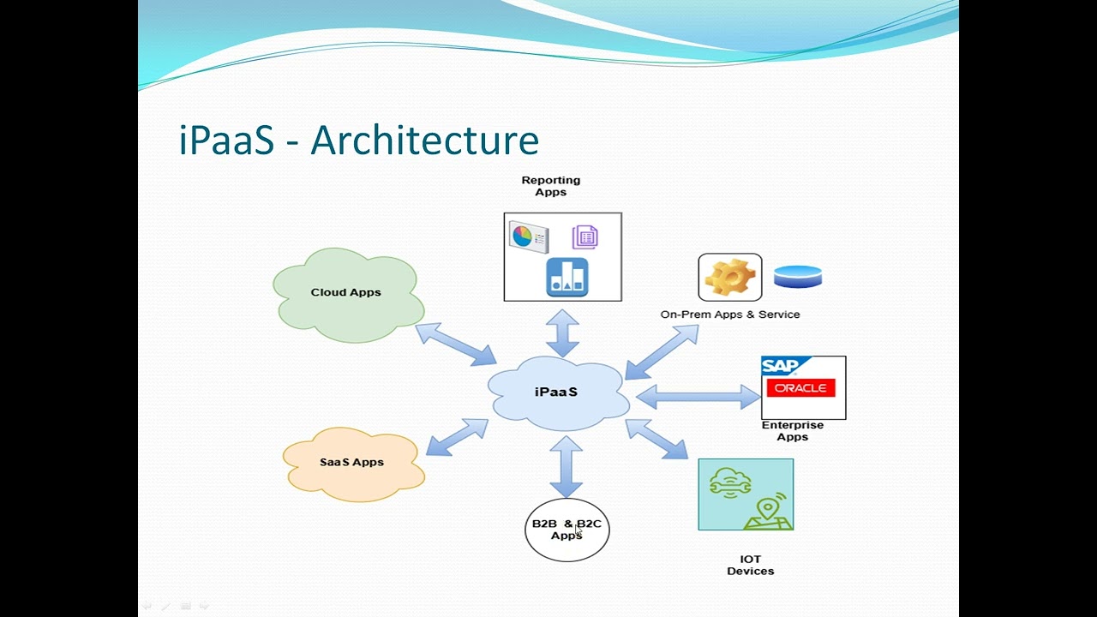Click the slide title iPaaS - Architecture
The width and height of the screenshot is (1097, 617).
(x=358, y=140)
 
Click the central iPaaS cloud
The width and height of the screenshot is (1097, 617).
(x=557, y=392)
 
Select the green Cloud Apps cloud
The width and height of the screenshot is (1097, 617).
(x=346, y=293)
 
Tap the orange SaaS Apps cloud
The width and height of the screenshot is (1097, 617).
(x=352, y=463)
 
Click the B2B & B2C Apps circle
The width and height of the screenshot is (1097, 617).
(x=566, y=530)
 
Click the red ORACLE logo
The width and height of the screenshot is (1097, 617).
(x=800, y=388)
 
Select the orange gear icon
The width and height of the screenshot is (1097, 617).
(x=729, y=277)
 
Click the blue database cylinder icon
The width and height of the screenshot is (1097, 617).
(x=798, y=276)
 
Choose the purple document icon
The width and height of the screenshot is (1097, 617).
(x=585, y=237)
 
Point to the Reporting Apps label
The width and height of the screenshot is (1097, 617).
(x=551, y=186)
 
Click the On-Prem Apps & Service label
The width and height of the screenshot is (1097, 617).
(x=730, y=314)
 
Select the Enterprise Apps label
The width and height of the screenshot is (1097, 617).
(x=793, y=431)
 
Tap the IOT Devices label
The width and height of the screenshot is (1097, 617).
(x=751, y=565)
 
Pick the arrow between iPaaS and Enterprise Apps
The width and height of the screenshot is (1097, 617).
(x=698, y=397)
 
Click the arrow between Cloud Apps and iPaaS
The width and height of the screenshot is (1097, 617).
(x=456, y=344)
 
